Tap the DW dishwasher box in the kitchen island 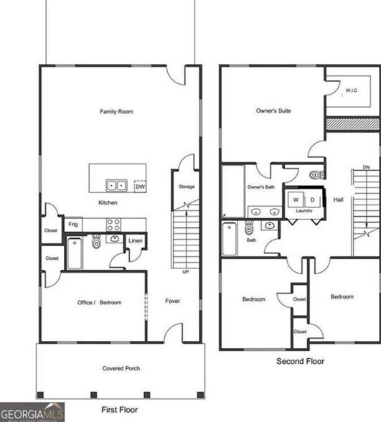139,185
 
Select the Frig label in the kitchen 73,225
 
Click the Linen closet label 136,240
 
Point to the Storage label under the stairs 187,187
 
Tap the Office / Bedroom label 99,302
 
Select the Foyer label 172,301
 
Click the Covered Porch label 121,368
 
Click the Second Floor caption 300,361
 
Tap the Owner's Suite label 277,111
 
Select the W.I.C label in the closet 351,90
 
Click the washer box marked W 295,199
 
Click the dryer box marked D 312,199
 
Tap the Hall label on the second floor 338,200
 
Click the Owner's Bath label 261,187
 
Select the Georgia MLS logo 32,412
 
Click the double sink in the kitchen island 116,185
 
